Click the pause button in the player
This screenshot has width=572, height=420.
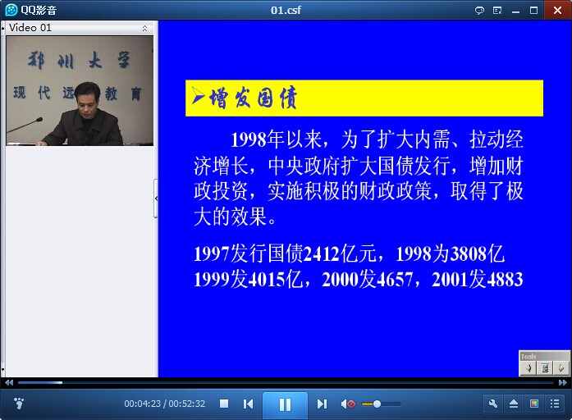(x=285, y=404)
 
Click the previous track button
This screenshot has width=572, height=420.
(x=248, y=404)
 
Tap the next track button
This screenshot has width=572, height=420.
(x=322, y=404)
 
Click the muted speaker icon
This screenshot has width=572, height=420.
(x=348, y=404)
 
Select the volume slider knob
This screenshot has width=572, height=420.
(x=378, y=404)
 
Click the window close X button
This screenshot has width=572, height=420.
(x=557, y=10)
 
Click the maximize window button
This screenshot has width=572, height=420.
(x=533, y=10)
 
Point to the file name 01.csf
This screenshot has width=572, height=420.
(x=286, y=10)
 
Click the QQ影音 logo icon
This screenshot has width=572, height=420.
(x=11, y=10)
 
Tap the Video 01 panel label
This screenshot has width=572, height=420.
(x=30, y=28)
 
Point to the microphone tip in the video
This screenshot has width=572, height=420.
(x=39, y=120)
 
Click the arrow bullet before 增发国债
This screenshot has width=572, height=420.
(x=198, y=96)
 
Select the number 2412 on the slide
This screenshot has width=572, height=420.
(x=322, y=253)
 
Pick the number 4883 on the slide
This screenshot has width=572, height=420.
(x=505, y=280)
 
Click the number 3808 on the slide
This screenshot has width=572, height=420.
(x=469, y=253)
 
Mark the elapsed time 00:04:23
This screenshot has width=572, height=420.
(x=142, y=404)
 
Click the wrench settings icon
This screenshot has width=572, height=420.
(x=493, y=404)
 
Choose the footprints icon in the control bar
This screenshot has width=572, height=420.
(x=18, y=404)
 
